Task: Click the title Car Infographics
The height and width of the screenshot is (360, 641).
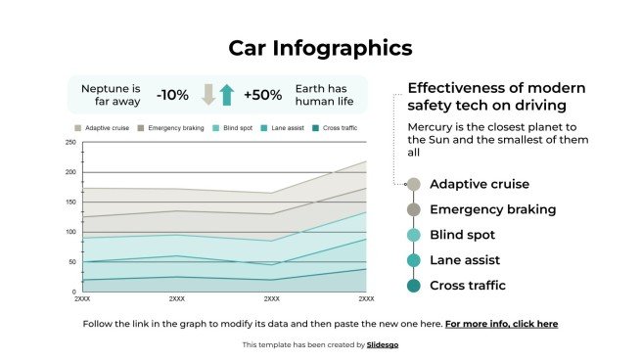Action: pyautogui.click(x=320, y=48)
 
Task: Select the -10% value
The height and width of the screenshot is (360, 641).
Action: pyautogui.click(x=172, y=95)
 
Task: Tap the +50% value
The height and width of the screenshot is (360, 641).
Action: pyautogui.click(x=262, y=95)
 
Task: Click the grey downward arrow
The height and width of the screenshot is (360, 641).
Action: pyautogui.click(x=207, y=95)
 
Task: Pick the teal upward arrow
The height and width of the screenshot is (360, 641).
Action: pyautogui.click(x=227, y=95)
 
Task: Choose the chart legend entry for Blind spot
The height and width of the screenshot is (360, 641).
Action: pyautogui.click(x=235, y=128)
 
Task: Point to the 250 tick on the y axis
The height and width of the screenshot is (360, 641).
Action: pyautogui.click(x=70, y=142)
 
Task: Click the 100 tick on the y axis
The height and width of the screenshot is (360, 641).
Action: pyautogui.click(x=70, y=232)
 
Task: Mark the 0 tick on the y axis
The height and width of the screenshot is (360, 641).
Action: pyautogui.click(x=72, y=292)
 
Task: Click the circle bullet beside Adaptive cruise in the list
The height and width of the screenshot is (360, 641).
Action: pyautogui.click(x=413, y=184)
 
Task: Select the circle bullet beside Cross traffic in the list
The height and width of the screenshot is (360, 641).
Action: pyautogui.click(x=413, y=286)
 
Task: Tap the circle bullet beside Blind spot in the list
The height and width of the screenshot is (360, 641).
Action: pyautogui.click(x=413, y=235)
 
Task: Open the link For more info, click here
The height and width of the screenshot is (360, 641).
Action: pyautogui.click(x=501, y=323)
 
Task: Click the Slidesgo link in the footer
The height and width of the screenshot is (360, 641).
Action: pyautogui.click(x=383, y=344)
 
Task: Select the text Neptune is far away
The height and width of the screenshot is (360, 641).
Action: pyautogui.click(x=111, y=94)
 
